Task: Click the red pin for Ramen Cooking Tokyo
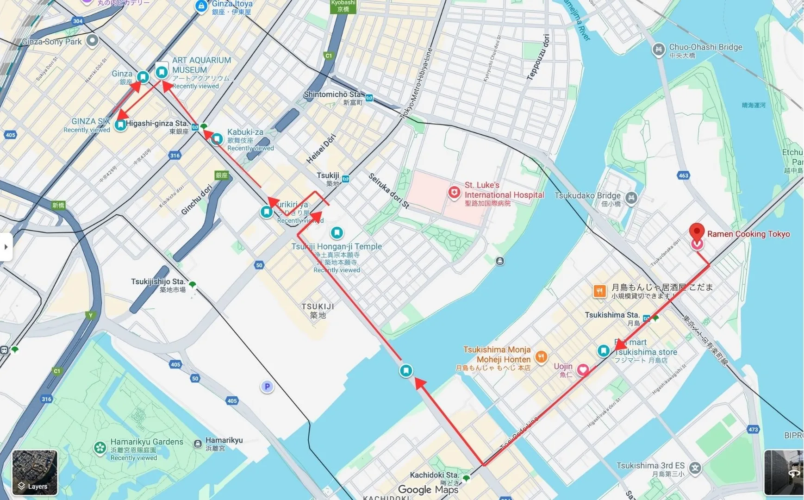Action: pos(697,231)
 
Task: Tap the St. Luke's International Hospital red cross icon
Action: pos(454,192)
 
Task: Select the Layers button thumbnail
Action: pos(35,473)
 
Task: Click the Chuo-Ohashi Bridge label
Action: pos(705,47)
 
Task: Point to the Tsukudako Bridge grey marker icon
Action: pos(631,198)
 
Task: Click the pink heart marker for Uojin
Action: pos(583,369)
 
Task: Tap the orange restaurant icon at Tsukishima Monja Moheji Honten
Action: pos(541,357)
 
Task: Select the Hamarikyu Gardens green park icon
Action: pos(100,448)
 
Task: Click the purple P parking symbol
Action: pos(267,387)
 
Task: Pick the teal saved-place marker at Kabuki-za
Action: pos(217,138)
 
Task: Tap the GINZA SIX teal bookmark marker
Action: pos(120,125)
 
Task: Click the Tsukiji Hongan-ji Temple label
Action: pos(337,246)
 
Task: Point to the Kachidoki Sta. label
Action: pos(434,475)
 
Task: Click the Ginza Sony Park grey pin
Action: pos(93,40)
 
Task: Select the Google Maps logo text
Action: pos(428,489)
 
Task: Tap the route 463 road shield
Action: pos(684,175)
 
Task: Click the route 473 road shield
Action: pos(753,429)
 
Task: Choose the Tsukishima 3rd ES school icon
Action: pos(695,468)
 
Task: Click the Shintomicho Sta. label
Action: pos(332,94)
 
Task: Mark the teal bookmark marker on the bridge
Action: pos(406,370)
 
